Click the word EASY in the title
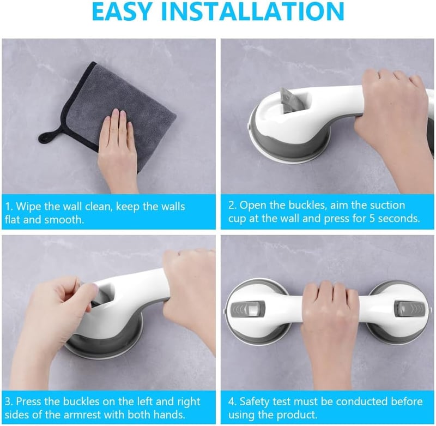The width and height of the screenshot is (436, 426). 121,11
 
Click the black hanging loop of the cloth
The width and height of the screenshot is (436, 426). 50,135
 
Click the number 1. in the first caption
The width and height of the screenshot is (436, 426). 9,207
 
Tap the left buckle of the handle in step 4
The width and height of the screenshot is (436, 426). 247,309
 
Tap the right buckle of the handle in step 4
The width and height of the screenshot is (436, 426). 410,309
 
